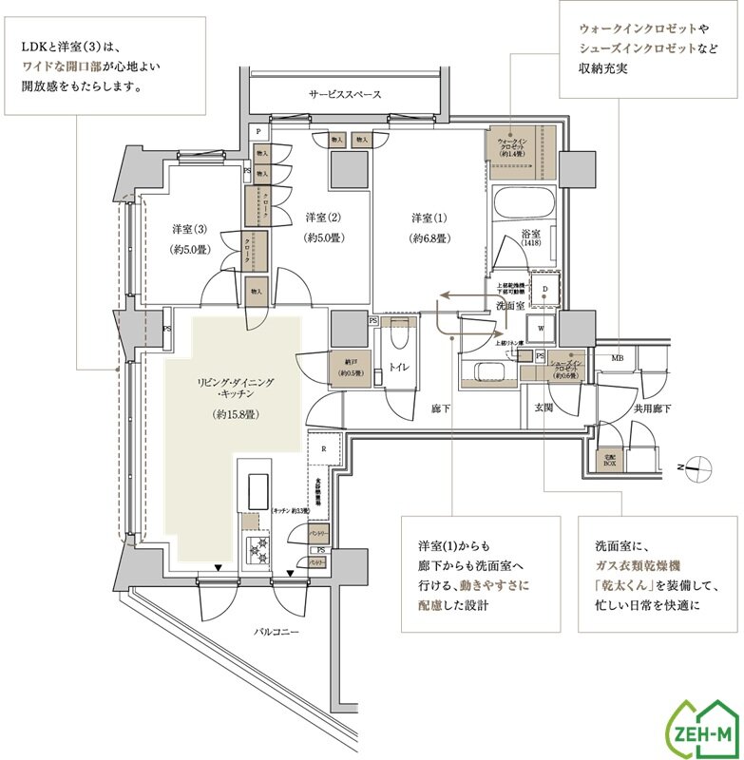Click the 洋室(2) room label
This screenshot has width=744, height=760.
click(322, 217)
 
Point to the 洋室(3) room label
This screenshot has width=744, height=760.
click(189, 229)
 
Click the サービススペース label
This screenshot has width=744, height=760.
click(345, 95)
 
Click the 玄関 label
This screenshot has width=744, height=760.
click(544, 408)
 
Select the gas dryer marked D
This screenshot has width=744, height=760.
click(544, 290)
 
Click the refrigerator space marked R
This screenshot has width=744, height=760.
click(324, 448)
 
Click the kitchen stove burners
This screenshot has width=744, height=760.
click(258, 548)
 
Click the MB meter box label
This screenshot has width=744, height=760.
click(617, 358)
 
